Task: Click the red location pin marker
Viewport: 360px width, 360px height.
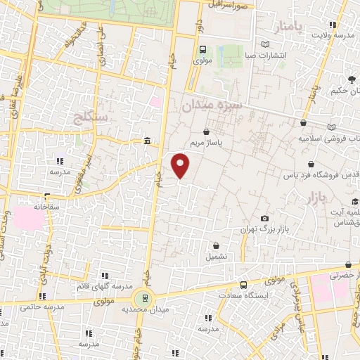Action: [181, 165]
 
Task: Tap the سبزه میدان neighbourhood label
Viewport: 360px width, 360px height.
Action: [211, 106]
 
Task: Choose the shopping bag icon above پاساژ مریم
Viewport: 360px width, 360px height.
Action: [206, 131]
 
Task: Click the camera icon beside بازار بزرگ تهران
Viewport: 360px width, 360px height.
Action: [264, 219]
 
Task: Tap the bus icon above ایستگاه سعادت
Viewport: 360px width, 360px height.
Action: [243, 285]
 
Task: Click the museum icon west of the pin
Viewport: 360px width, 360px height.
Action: [146, 141]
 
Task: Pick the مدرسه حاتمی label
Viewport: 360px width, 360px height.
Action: [34, 307]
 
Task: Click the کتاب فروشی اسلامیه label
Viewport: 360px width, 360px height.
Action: [330, 138]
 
